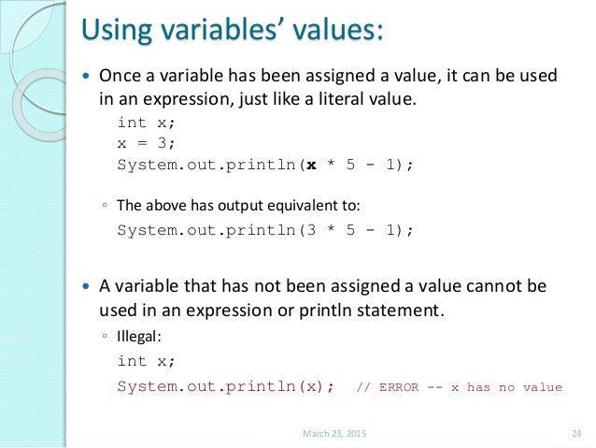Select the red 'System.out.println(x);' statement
pos(225,386)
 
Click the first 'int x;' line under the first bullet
pos(145,122)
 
